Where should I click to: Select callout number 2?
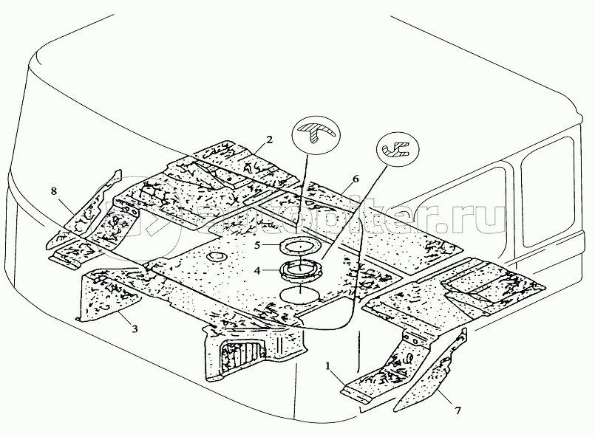click(270, 139)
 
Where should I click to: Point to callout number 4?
click(256, 271)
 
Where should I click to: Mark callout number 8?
click(53, 191)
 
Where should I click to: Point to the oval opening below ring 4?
click(300, 294)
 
